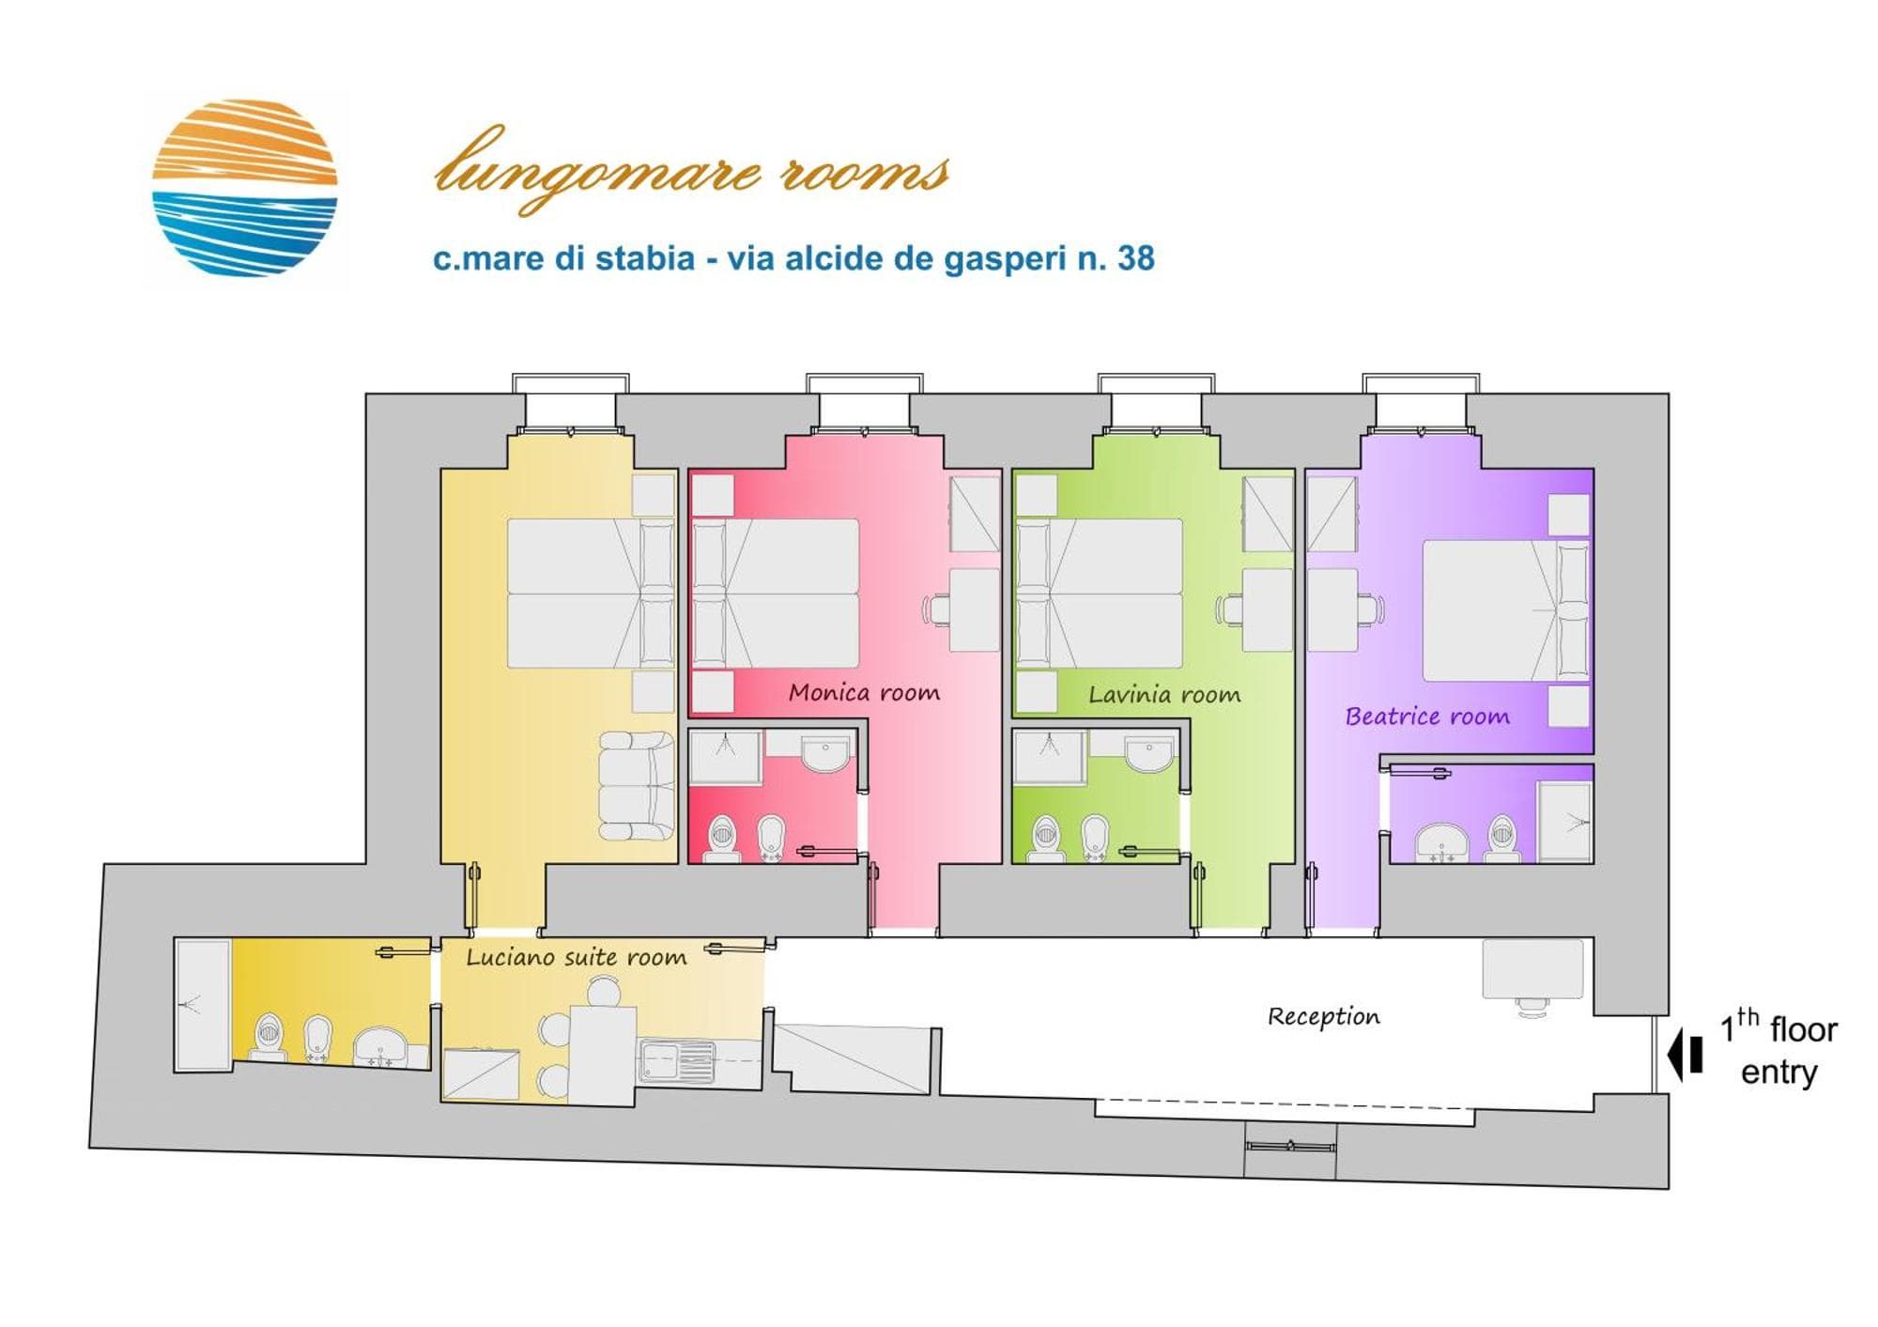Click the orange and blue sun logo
tap(244, 188)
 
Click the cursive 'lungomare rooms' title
tap(692, 169)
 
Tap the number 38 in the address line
tap(1135, 258)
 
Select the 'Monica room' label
tap(864, 693)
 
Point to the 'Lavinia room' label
tap(1164, 695)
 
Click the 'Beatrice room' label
tap(1427, 717)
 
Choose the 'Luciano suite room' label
tap(577, 958)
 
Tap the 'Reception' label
tap(1324, 1016)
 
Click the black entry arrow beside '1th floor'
tap(1686, 1055)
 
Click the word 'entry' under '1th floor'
tap(1779, 1072)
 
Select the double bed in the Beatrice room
tap(1506, 610)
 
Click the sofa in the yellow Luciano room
tap(637, 786)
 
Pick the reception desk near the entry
tap(1532, 969)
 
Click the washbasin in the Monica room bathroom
tap(825, 754)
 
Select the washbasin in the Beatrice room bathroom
tap(1441, 842)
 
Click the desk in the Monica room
tap(975, 609)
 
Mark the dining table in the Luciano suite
tap(604, 1056)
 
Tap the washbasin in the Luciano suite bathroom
tap(379, 1047)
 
